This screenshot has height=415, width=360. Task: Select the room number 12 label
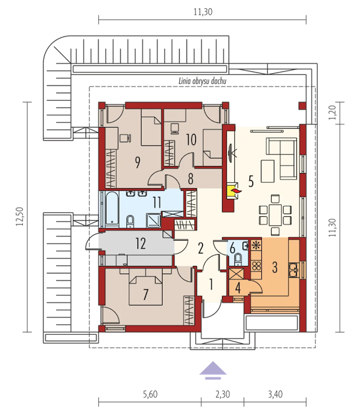[140, 244]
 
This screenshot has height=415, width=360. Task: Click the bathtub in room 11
[112, 209]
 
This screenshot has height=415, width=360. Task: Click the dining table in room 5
[275, 215]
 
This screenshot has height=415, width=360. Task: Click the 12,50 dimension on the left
[20, 216]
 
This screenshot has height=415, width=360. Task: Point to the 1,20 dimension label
[332, 113]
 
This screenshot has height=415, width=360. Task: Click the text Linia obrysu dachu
[202, 81]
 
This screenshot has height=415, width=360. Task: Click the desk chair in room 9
[125, 138]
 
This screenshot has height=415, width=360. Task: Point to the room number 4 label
[238, 288]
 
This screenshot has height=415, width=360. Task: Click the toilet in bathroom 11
[130, 222]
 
